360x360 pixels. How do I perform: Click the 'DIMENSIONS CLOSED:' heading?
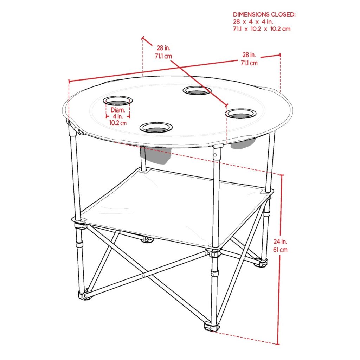click(x=264, y=14)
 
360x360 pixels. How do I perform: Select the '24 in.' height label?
click(x=280, y=242)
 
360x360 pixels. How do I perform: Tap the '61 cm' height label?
click(x=280, y=250)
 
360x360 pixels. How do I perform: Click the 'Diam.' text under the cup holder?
click(x=118, y=110)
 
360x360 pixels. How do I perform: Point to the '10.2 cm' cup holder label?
click(x=118, y=123)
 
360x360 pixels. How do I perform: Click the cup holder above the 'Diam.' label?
click(x=118, y=101)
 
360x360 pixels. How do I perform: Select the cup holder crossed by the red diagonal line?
click(x=197, y=90)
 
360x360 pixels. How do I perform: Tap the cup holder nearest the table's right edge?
click(x=240, y=114)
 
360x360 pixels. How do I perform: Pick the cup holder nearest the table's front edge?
click(x=156, y=127)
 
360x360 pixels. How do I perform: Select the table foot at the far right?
click(x=261, y=262)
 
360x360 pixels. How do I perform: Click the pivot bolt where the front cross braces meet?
click(x=143, y=276)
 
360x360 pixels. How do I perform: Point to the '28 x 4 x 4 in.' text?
click(x=253, y=22)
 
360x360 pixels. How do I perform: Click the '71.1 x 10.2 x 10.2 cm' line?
click(x=262, y=29)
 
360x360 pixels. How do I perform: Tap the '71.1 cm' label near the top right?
click(x=249, y=63)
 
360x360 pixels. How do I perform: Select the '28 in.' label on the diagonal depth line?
click(x=163, y=48)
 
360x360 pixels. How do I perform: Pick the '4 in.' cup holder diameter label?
click(x=118, y=116)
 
